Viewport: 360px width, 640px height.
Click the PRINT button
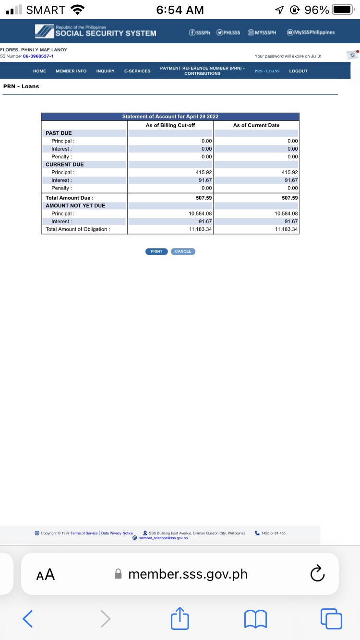tap(156, 251)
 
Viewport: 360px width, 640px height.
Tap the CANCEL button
tap(183, 251)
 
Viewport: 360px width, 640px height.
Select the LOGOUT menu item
tap(298, 71)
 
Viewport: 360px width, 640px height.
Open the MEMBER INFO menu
tap(71, 71)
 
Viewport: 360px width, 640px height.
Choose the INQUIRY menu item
tap(105, 71)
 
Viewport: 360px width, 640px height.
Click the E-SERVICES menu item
tap(137, 71)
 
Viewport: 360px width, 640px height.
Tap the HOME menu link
tap(39, 71)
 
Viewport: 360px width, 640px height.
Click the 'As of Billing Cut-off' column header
tap(170, 125)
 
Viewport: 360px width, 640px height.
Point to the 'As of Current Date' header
tap(256, 125)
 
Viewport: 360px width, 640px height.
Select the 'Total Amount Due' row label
tap(70, 198)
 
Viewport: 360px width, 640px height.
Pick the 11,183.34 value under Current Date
tap(287, 229)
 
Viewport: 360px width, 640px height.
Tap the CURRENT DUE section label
tap(65, 165)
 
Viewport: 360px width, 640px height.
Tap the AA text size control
tap(46, 574)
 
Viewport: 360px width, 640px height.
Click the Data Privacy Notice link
tap(117, 533)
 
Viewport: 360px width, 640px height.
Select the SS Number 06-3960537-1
tap(38, 56)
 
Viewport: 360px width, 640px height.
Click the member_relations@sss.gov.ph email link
tap(163, 538)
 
